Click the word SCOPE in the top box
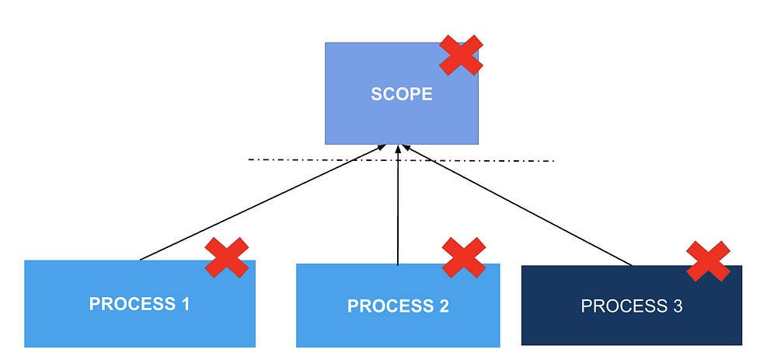(x=401, y=95)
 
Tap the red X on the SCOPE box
(x=461, y=55)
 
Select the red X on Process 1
(x=226, y=257)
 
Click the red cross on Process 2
(x=464, y=257)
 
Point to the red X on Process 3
(x=708, y=260)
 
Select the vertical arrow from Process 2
(x=398, y=210)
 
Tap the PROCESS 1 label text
(x=140, y=303)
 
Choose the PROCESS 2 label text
(x=398, y=306)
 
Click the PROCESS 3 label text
(x=632, y=306)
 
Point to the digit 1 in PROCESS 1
(x=185, y=303)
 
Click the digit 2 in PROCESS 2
(x=444, y=306)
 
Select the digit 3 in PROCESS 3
(x=678, y=306)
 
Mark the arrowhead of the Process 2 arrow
(x=398, y=149)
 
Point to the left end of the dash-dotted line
(x=249, y=160)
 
